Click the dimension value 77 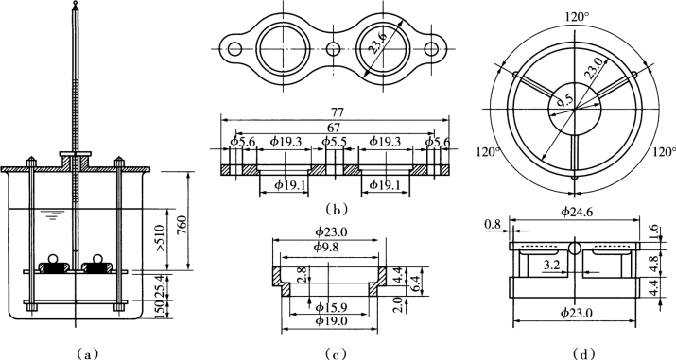338,111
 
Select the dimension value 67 334,128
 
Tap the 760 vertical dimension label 182,224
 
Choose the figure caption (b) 337,210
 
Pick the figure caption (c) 337,354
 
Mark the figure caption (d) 583,354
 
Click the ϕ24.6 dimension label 576,211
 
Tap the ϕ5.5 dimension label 334,141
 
